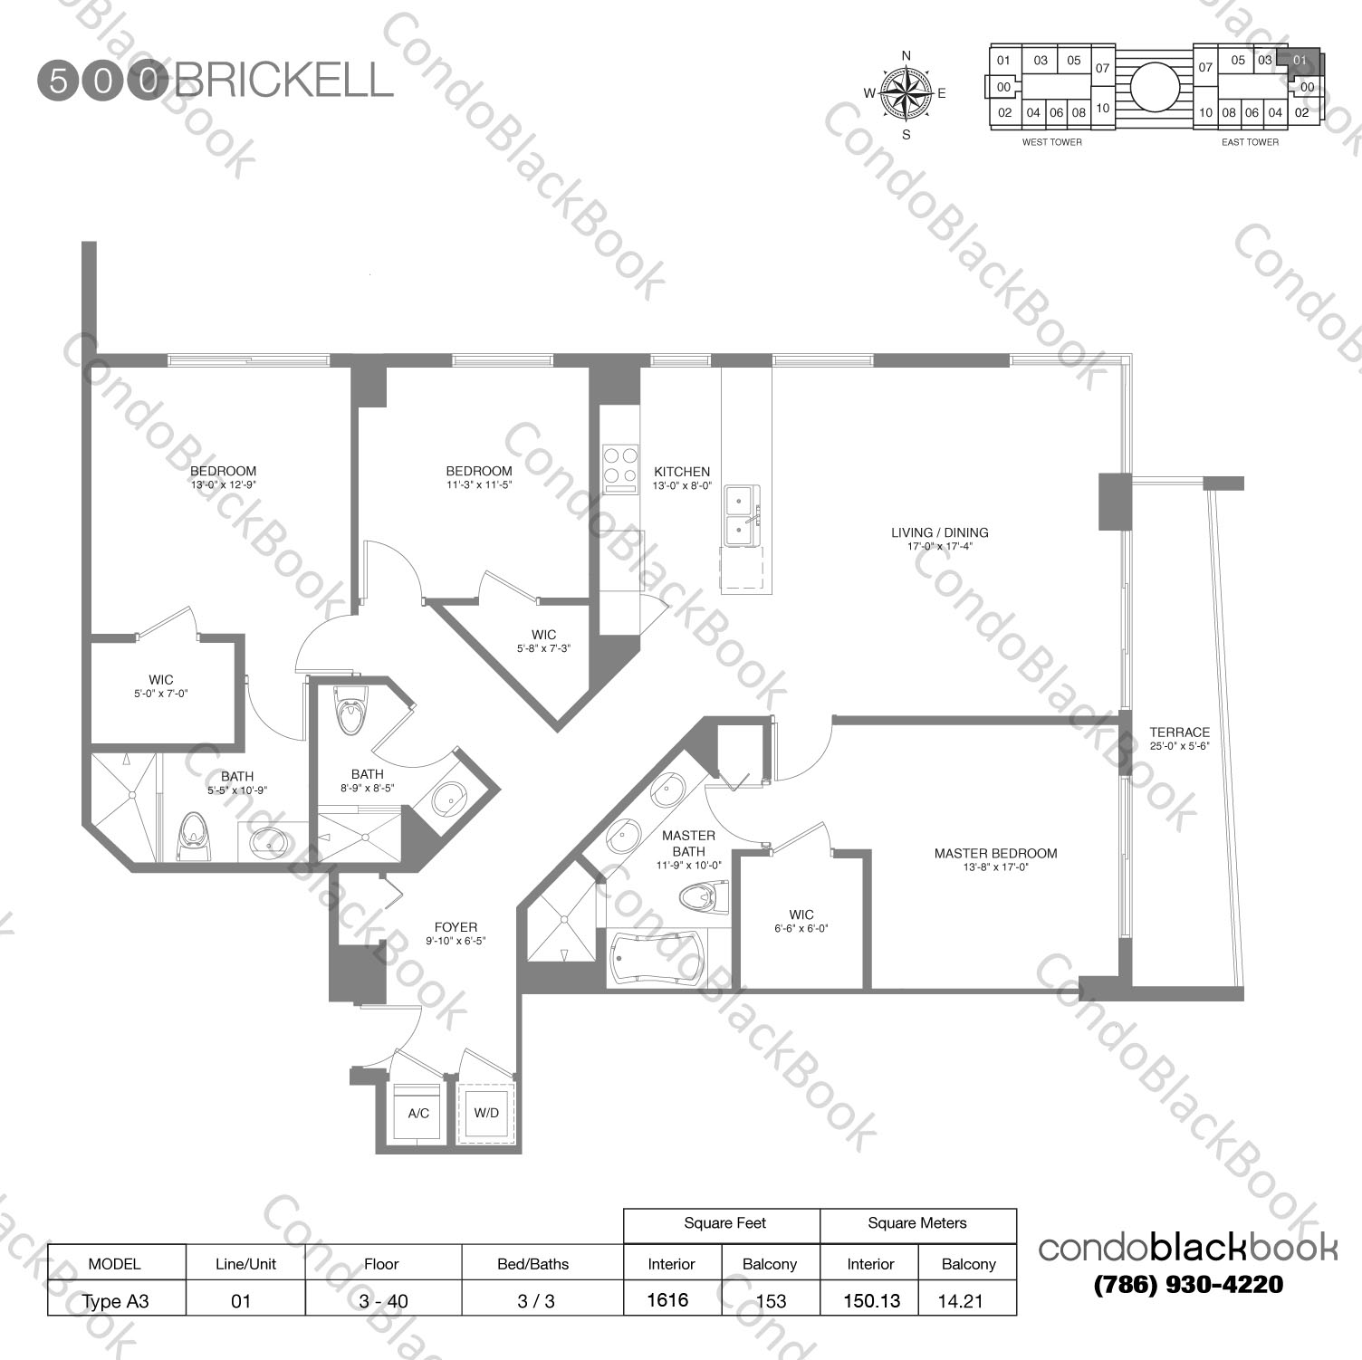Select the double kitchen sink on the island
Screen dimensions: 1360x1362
[741, 516]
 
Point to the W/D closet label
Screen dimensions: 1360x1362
[486, 1112]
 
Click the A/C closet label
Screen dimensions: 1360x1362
[418, 1113]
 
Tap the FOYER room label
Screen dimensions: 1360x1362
[456, 927]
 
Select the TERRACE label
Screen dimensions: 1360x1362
[1179, 732]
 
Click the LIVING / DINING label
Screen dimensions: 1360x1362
[939, 532]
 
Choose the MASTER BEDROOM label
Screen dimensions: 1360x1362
[995, 853]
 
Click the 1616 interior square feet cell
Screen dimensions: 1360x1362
[668, 1300]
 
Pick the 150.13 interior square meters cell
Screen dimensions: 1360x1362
[870, 1300]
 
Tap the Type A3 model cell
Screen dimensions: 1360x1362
[116, 1301]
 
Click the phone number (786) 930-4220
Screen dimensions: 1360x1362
[1188, 1284]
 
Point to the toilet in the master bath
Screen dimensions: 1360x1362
[704, 897]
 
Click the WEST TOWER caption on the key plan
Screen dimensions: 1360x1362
[1051, 142]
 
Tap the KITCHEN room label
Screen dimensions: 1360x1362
[682, 472]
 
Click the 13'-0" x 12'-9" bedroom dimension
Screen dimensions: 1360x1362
[223, 484]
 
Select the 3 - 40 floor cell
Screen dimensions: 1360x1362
[383, 1301]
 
